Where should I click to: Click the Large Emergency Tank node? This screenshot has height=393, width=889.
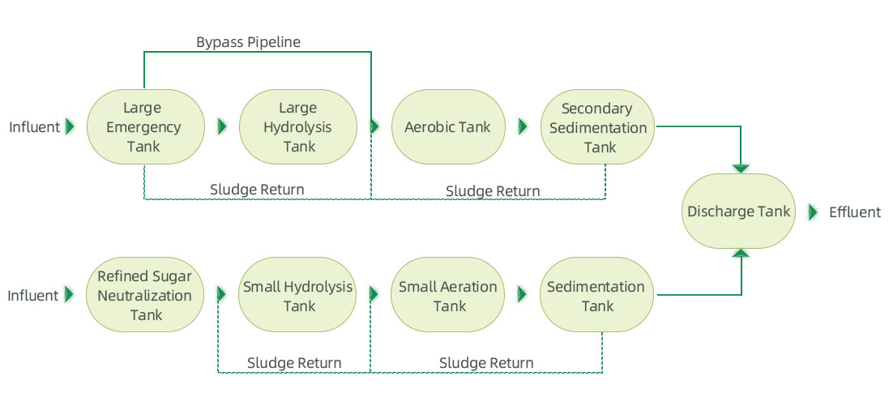[143, 127]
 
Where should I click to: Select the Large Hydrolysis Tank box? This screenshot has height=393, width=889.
[297, 127]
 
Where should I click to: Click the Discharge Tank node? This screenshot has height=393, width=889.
[739, 212]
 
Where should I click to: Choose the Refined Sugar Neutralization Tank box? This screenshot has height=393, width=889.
[145, 296]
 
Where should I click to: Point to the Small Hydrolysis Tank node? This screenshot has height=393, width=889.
[297, 296]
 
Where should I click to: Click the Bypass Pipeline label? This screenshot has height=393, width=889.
[248, 42]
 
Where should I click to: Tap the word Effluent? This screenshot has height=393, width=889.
[854, 212]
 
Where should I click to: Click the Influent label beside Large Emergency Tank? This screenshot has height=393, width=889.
[34, 127]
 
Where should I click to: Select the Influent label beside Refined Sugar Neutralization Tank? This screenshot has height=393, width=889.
[34, 296]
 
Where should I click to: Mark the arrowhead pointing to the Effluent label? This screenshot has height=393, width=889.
[813, 212]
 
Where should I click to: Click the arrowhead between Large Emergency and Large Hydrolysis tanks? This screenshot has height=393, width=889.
[221, 127]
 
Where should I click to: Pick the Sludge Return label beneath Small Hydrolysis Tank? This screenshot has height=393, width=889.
[294, 363]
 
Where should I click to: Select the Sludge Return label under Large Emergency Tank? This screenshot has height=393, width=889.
[257, 190]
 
